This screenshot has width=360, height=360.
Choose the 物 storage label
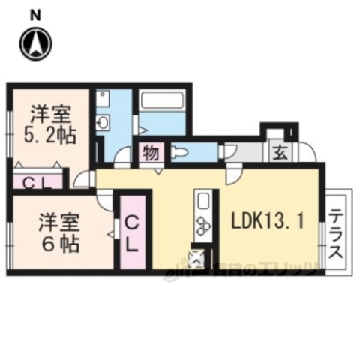pos(150,154)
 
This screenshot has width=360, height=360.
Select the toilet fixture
pos(180,154)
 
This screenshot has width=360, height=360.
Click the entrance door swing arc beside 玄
pos(306,154)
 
